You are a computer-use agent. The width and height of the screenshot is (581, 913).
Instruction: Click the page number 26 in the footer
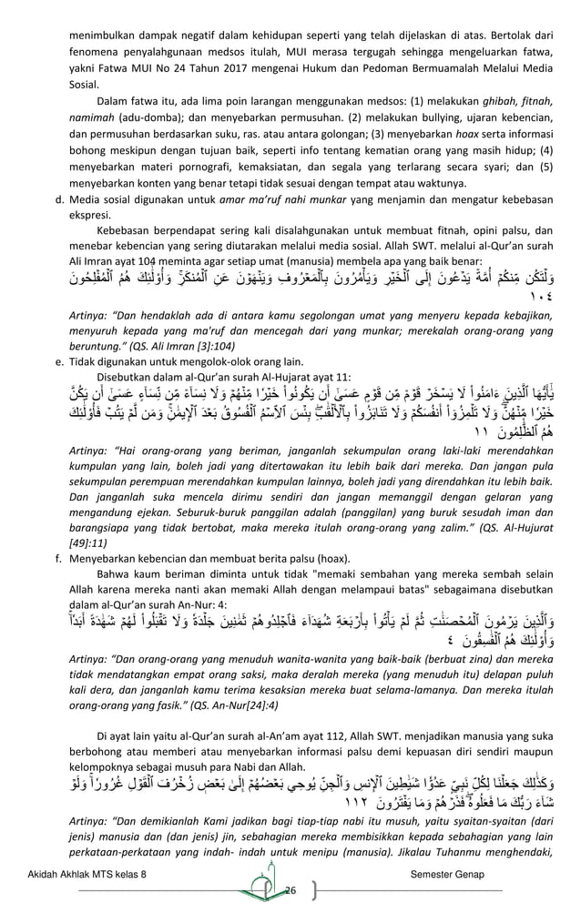coord(291,889)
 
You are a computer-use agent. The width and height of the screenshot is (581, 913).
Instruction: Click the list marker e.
coord(58,336)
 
